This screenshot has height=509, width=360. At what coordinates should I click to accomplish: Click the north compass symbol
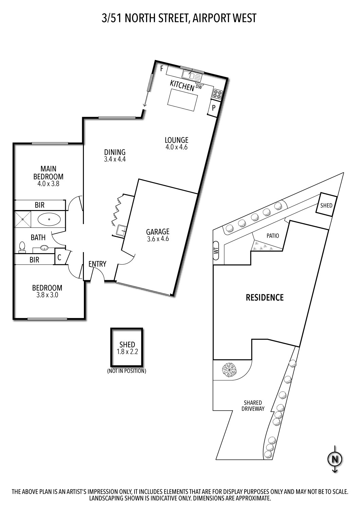(335, 459)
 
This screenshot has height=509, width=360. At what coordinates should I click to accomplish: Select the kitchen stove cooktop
(217, 94)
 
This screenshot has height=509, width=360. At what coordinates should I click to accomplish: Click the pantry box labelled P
(214, 108)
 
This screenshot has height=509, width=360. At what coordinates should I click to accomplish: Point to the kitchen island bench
(183, 101)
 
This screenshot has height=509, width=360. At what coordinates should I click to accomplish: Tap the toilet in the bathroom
(22, 247)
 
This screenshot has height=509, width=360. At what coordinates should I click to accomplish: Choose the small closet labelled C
(59, 258)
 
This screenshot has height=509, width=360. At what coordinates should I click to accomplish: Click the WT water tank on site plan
(216, 250)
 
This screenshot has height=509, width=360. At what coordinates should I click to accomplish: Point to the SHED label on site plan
(326, 205)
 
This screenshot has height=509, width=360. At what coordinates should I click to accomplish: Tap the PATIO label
(272, 235)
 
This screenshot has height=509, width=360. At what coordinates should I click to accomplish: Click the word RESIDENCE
(264, 298)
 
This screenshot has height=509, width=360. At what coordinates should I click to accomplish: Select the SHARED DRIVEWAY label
(253, 406)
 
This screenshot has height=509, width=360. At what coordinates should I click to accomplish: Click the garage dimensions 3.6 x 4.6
(158, 239)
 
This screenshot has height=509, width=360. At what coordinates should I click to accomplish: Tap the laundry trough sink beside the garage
(121, 231)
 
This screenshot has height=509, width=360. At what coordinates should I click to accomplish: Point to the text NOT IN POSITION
(127, 371)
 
